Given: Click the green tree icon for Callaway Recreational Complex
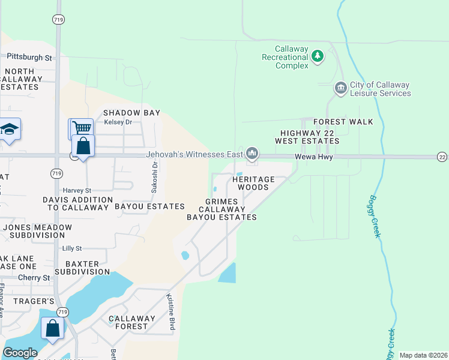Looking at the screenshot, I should click(x=318, y=57).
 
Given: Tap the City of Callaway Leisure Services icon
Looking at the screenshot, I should click(x=340, y=89).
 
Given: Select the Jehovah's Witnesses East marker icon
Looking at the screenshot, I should click(x=252, y=154).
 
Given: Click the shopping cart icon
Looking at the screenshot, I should click(x=81, y=128).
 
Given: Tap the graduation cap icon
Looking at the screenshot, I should click(x=10, y=129).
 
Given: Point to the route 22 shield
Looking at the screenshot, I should click(x=442, y=157).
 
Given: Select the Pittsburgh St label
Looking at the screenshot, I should click(x=29, y=58).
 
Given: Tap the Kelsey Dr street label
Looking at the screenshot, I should click(x=118, y=122).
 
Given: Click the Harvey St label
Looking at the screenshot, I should click(x=77, y=191).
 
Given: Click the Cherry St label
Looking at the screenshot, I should click(x=34, y=278).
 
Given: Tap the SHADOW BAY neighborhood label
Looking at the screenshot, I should click(x=131, y=113).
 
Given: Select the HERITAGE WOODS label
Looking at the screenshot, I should click(x=253, y=183).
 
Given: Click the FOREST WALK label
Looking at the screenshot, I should click(x=343, y=122).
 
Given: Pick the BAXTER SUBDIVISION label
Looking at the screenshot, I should click(x=82, y=267).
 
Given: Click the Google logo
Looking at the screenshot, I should click(x=20, y=352).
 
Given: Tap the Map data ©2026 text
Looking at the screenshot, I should click(x=423, y=355).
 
